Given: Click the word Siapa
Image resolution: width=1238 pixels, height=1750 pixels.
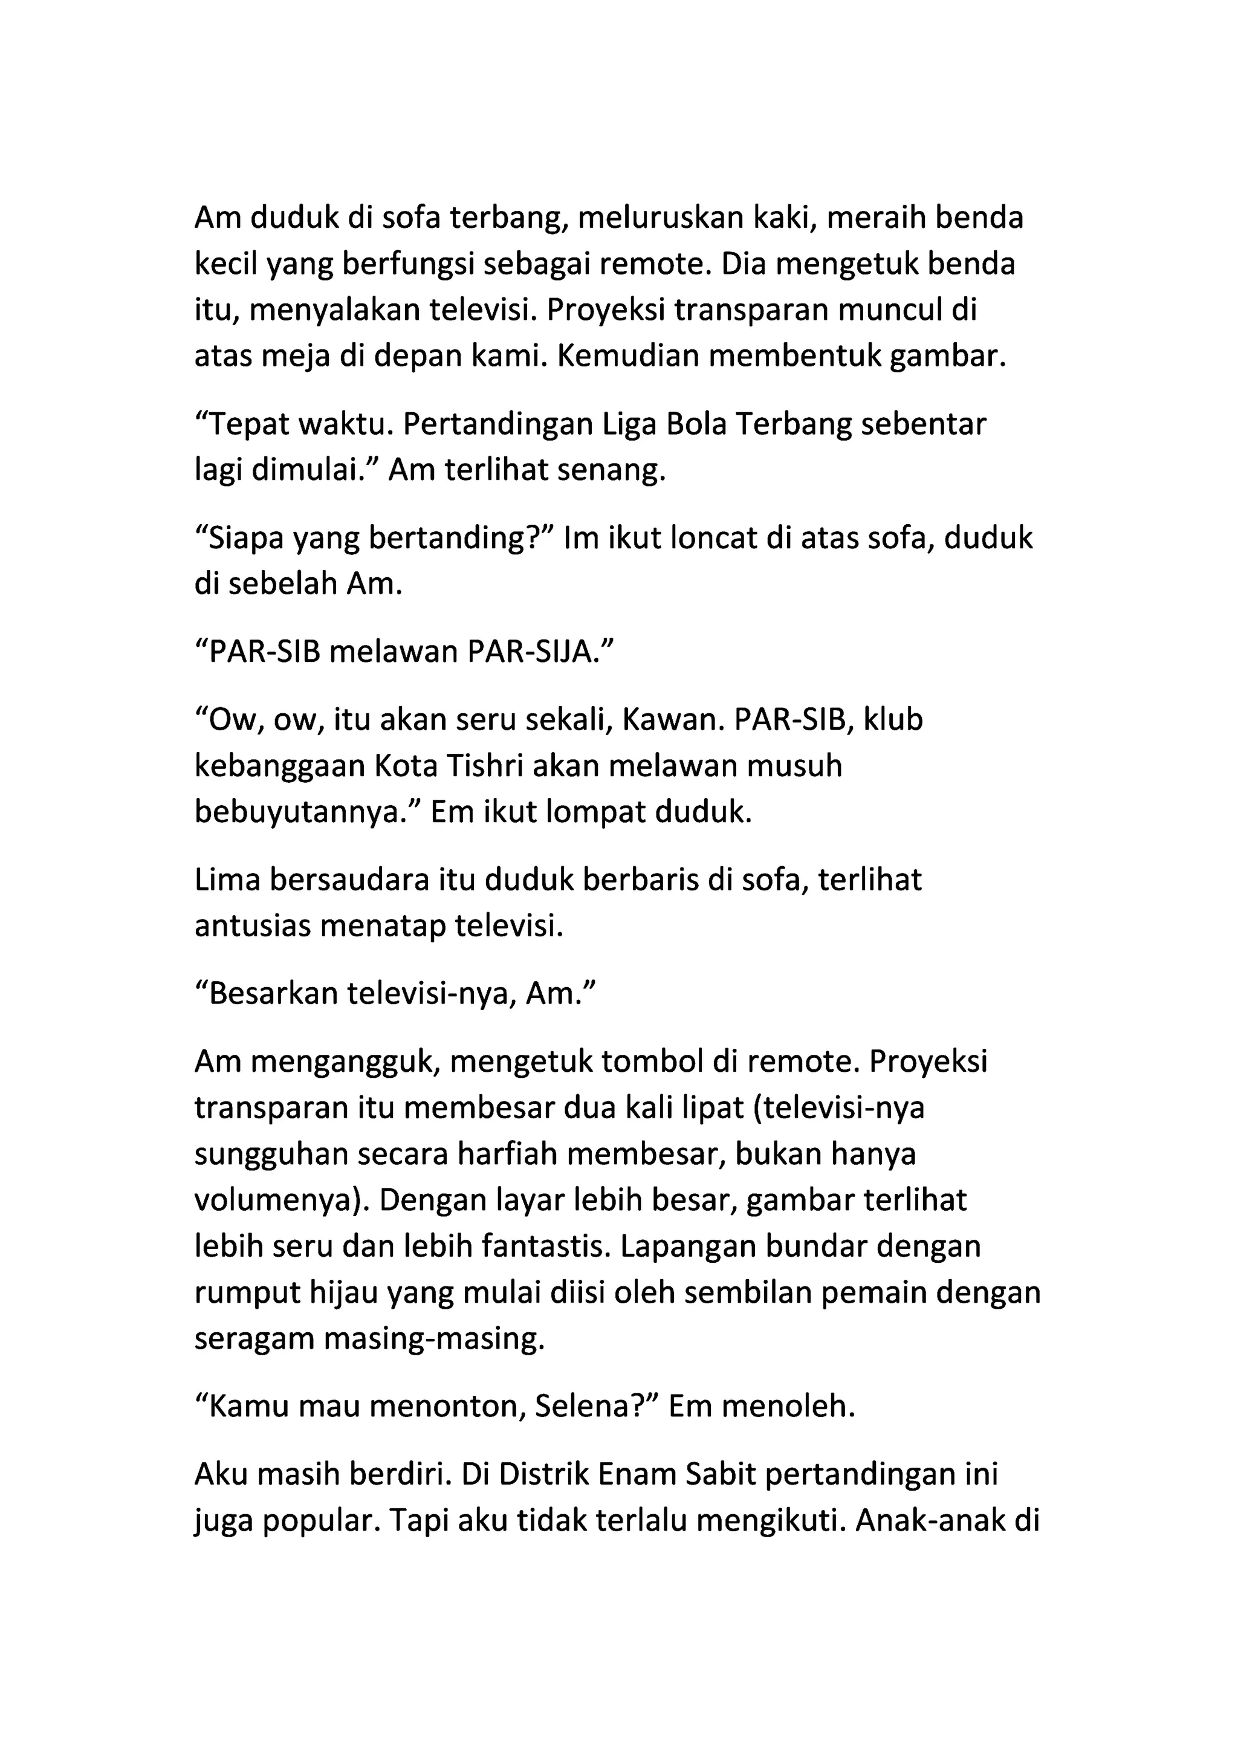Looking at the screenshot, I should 242,539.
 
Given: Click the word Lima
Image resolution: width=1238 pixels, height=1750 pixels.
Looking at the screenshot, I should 227,880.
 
